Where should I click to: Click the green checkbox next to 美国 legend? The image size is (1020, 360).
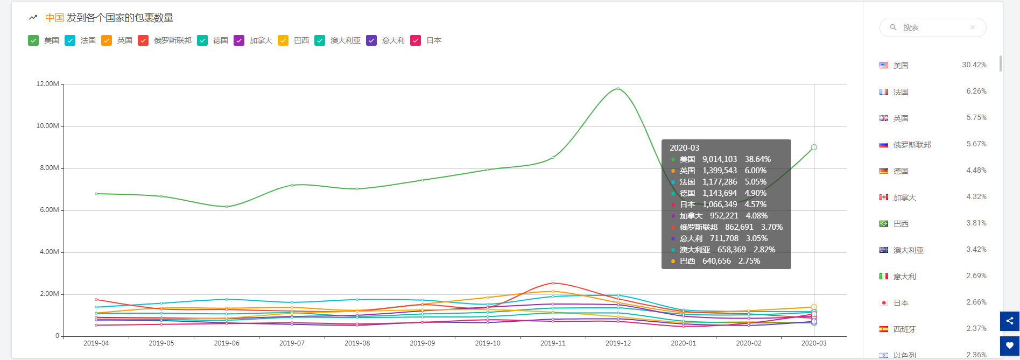[x=33, y=40]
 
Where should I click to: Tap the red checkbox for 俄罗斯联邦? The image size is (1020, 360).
[x=143, y=40]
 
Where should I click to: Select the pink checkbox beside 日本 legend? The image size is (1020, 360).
[x=416, y=40]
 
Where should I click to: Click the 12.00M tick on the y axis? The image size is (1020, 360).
[x=48, y=84]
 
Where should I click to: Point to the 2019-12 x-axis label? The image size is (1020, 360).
[x=618, y=343]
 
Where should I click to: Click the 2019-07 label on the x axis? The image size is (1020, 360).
[x=292, y=343]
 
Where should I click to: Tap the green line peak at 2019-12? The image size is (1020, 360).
[x=618, y=89]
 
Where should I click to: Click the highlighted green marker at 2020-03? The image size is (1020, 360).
[x=814, y=147]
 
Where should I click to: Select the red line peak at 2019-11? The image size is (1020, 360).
[x=553, y=283]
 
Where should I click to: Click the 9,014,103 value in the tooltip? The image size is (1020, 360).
[x=720, y=159]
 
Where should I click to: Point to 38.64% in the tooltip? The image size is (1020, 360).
[x=758, y=159]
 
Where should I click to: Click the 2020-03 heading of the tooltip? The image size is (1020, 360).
[x=684, y=148]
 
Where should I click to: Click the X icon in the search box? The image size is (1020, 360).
[x=973, y=27]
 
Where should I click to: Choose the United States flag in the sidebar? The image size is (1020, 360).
[x=884, y=65]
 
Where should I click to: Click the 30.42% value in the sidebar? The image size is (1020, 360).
[x=974, y=65]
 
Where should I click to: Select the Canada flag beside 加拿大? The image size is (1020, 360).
[x=884, y=197]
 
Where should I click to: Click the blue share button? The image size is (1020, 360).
[x=1010, y=321]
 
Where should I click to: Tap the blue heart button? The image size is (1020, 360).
[x=1010, y=346]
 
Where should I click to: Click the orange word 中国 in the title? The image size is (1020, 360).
[x=54, y=18]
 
